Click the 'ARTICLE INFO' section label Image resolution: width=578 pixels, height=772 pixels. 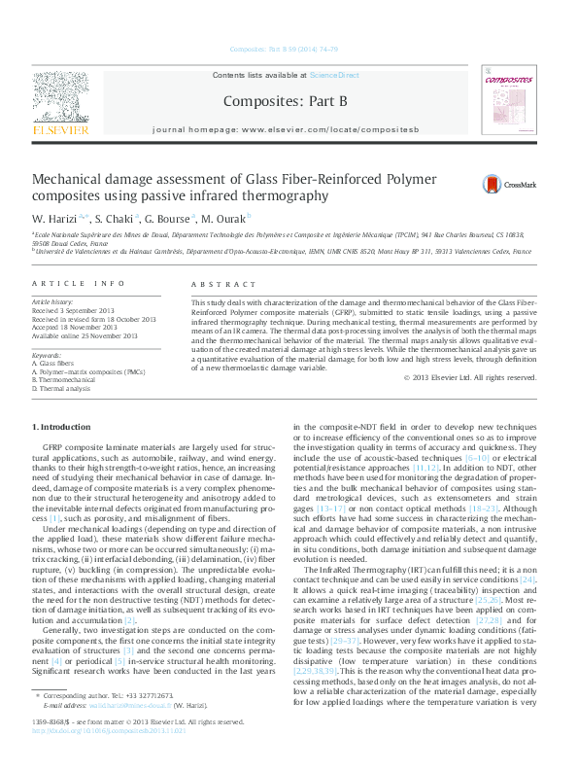(x=79, y=283)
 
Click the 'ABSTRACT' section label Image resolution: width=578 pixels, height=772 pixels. (x=217, y=283)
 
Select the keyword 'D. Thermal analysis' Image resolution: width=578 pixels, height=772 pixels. (x=64, y=388)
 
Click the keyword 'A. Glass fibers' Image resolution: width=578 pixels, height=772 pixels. (x=56, y=365)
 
